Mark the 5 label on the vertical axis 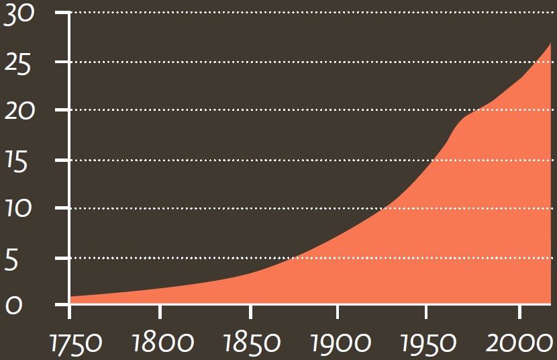[11, 261]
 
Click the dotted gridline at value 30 [309, 13]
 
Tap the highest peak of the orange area [550, 44]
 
